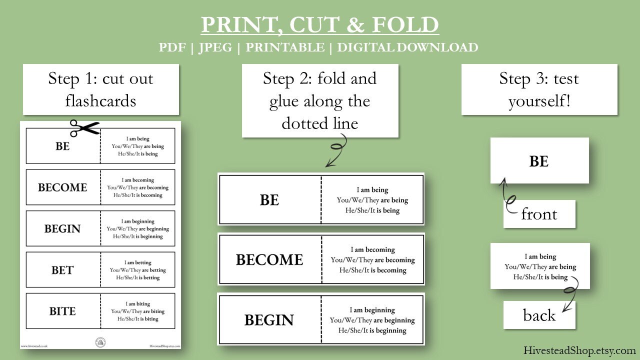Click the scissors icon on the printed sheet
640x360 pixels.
point(84,128)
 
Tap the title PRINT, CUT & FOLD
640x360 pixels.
point(320,25)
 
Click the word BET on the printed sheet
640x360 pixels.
point(62,270)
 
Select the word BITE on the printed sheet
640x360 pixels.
point(62,311)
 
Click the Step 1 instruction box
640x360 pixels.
point(100,89)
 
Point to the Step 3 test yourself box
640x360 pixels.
point(539,89)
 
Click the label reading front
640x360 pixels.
point(539,214)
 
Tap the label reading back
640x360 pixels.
point(539,315)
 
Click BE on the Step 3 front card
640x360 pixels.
point(539,161)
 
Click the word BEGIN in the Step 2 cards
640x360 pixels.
point(269,320)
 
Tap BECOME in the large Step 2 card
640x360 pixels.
point(269,260)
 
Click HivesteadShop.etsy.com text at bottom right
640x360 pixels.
point(579,350)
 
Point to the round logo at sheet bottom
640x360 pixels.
point(100,342)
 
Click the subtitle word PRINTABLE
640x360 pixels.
point(284,47)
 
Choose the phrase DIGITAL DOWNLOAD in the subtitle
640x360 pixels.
point(407,47)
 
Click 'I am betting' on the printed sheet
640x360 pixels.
point(138,262)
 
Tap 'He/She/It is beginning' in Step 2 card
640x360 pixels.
point(372,330)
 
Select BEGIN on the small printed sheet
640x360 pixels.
point(62,229)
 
